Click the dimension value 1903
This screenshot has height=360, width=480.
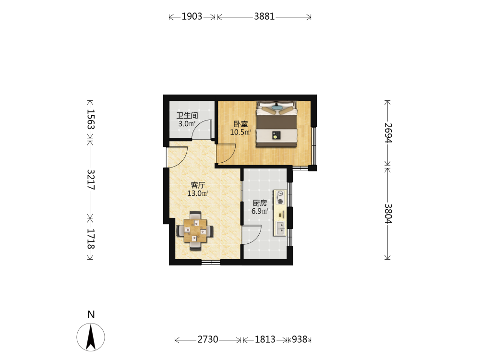click(192, 16)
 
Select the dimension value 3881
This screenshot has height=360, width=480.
click(264, 16)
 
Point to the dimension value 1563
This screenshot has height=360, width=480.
click(91, 120)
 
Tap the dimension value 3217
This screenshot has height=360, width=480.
click(91, 180)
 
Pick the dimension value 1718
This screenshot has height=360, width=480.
click(91, 239)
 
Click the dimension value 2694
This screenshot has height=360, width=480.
click(388, 133)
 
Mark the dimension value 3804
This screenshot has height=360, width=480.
click(388, 214)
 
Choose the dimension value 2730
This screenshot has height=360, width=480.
click(208, 339)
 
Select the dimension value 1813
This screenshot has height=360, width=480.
click(265, 339)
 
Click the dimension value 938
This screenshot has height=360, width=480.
click(300, 339)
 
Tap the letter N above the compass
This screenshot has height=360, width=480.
click(91, 315)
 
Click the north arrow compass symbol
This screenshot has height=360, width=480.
click(91, 337)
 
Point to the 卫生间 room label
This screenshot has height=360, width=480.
click(187, 116)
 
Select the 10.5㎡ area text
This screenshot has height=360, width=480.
click(240, 132)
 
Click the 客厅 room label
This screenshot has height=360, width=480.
click(198, 185)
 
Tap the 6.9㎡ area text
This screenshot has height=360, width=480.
click(260, 211)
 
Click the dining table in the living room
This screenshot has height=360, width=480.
click(195, 230)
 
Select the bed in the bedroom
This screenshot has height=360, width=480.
click(277, 123)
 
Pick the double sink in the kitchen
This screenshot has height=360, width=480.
click(280, 228)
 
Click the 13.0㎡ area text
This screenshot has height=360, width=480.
click(198, 193)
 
